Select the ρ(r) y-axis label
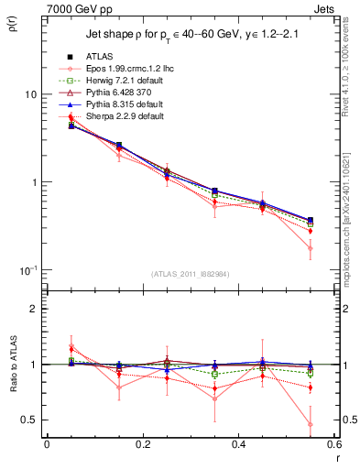12,24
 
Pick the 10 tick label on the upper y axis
30,95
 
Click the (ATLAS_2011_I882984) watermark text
191,275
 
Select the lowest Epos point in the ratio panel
311,424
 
